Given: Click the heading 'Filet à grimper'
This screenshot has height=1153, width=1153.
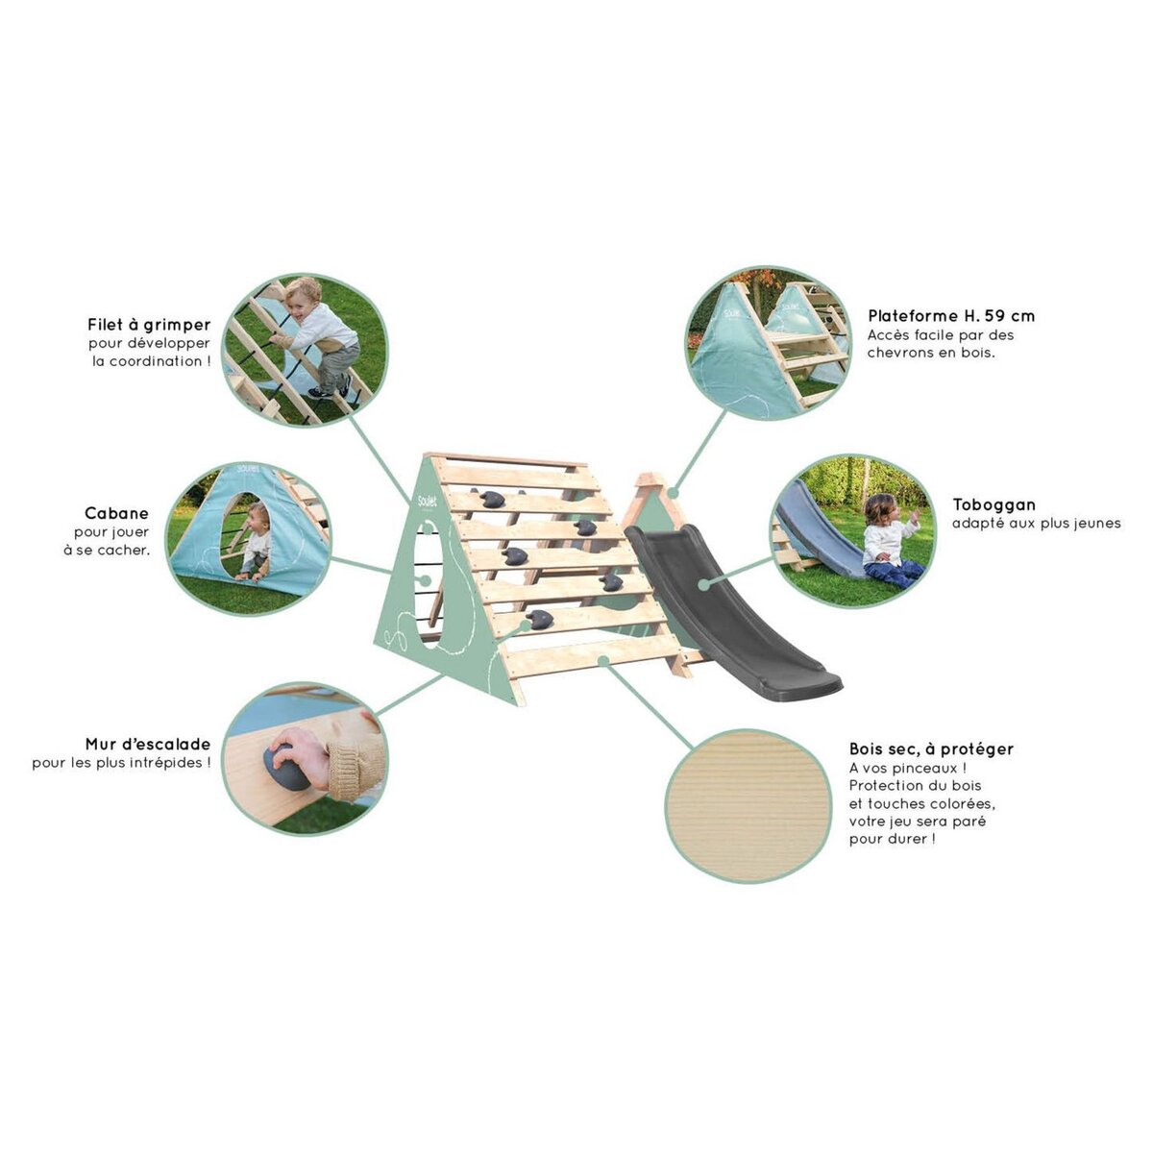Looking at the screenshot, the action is tap(149, 325).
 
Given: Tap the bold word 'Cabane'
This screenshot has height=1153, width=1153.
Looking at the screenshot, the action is tap(116, 513).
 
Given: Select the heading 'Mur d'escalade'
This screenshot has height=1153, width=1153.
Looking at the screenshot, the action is tap(148, 745).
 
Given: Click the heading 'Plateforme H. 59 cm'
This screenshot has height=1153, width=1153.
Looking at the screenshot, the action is tap(951, 316).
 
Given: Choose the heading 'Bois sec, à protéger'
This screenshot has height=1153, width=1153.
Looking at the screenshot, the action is tap(932, 749).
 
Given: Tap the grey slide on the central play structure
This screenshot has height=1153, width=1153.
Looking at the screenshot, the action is tap(730, 610).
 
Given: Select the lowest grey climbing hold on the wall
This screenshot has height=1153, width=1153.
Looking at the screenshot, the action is tap(539, 619).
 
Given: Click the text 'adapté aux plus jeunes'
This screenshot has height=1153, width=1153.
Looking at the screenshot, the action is tap(1037, 523).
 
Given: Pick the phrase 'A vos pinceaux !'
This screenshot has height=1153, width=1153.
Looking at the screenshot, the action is tap(908, 768).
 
